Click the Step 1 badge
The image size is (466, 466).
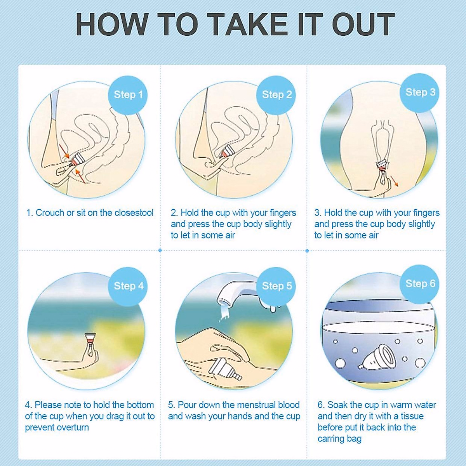click(x=128, y=95)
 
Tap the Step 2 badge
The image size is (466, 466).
click(x=276, y=95)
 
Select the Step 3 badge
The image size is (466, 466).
click(x=419, y=93)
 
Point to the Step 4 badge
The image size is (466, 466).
click(x=128, y=287)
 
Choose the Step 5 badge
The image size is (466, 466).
click(x=276, y=287)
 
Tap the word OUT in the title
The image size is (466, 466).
click(x=363, y=24)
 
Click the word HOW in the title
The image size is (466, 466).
click(x=113, y=24)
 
